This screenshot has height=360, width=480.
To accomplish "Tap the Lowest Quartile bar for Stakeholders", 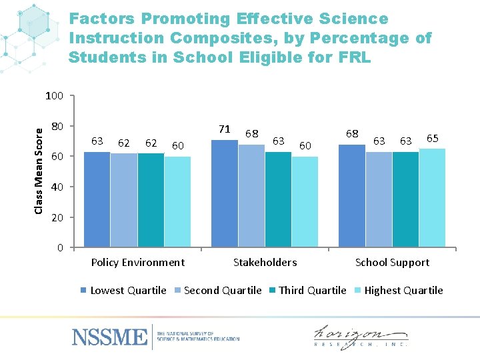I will pos(224,194).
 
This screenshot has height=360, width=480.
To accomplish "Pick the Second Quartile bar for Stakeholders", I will pos(251,196).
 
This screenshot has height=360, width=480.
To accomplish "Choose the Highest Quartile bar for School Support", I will pos(432,198).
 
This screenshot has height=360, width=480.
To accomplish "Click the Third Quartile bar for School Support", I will pos(405,200).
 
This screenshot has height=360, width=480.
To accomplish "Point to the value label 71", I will pos(225,129).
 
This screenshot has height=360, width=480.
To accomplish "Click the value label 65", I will pos(432,139).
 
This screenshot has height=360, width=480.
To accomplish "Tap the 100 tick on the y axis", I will pos(54,96).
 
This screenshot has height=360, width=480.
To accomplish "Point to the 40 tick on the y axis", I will pos(57,187).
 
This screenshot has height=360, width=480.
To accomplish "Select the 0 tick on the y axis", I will pos(60,248).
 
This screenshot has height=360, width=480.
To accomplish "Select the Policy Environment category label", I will pos(137,263).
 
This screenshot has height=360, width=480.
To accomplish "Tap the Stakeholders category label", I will pos(265,263).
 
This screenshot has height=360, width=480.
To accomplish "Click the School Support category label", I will pos(392,263).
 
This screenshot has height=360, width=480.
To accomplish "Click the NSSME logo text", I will pos(109,336).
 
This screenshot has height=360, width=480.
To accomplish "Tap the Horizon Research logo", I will pos(361,335).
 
